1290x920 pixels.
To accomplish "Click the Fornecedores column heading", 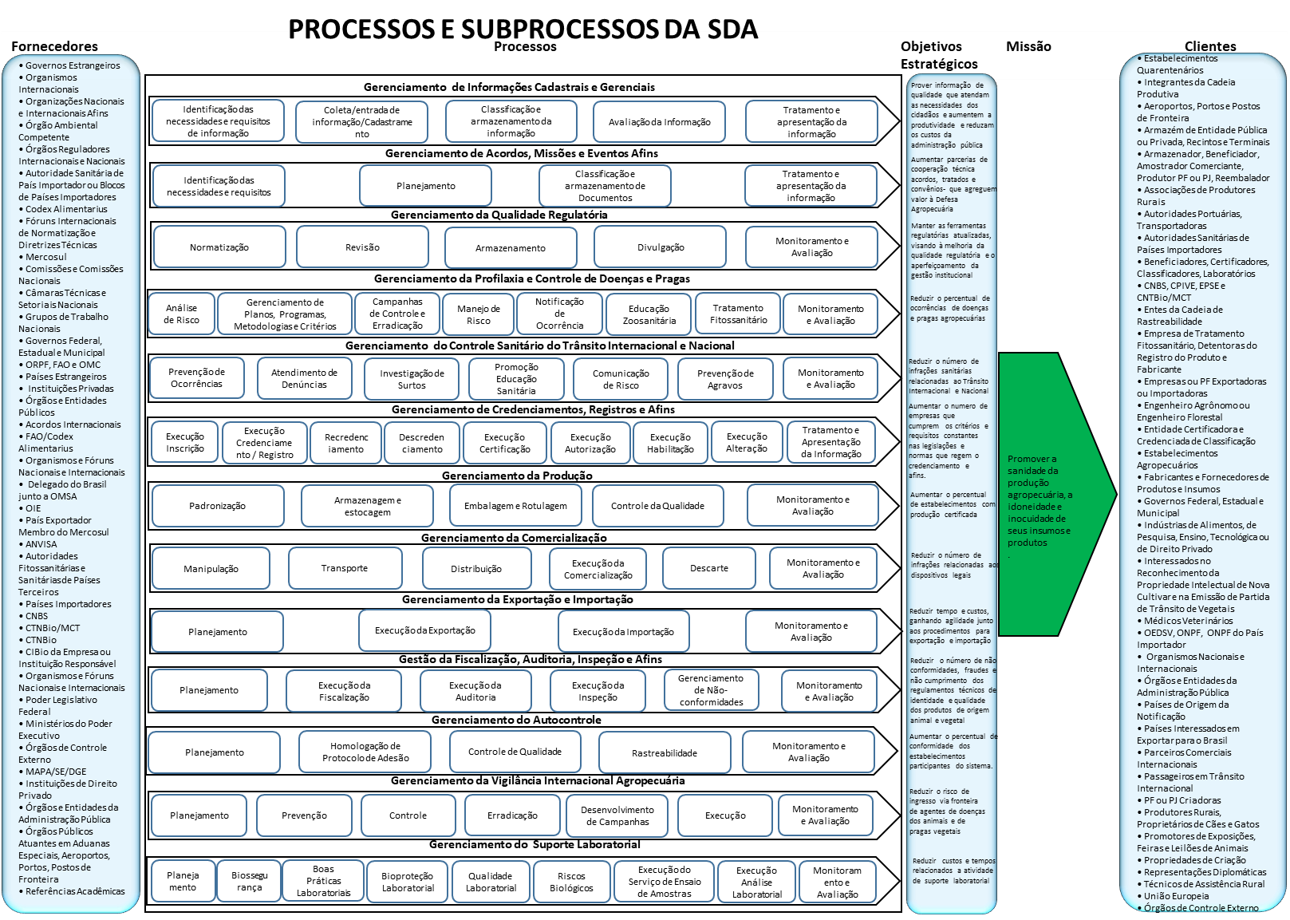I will (x=54, y=46).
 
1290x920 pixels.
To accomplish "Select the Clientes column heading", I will (x=1209, y=46).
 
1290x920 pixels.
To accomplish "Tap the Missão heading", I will (x=1028, y=46).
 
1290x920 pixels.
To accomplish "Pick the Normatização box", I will (x=219, y=247).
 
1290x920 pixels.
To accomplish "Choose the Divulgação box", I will (x=661, y=247).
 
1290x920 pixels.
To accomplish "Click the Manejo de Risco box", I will (x=479, y=314).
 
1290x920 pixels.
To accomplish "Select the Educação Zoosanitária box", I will (x=649, y=314).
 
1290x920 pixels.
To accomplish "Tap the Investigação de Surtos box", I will (x=412, y=379).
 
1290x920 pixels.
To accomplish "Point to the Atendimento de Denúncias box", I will (x=304, y=379).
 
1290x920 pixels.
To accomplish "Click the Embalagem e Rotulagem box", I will (x=515, y=506).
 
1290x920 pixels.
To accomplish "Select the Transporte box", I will (x=345, y=568).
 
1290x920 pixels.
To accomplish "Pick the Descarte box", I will (x=708, y=568).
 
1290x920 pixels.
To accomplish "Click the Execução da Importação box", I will (x=623, y=631).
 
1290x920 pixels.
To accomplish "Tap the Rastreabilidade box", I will (x=664, y=752).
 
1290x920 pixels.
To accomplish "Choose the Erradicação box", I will (x=512, y=815).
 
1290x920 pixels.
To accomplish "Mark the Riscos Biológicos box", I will (x=571, y=882).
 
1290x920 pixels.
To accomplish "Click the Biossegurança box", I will (x=249, y=881).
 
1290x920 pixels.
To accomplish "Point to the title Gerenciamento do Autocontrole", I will (x=516, y=720).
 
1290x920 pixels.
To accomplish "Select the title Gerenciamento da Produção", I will (x=517, y=476).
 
